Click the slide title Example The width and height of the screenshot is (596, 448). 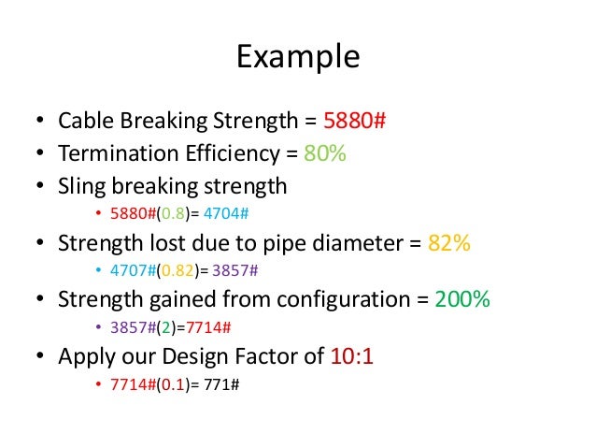(x=297, y=57)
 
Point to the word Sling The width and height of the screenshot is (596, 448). (x=80, y=186)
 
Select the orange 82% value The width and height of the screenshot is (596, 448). (x=448, y=244)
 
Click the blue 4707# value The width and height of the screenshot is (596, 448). (x=130, y=272)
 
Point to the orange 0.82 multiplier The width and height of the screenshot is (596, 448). (x=174, y=272)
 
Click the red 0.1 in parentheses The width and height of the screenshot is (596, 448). (x=170, y=384)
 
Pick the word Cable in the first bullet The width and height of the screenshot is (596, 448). (x=85, y=123)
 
